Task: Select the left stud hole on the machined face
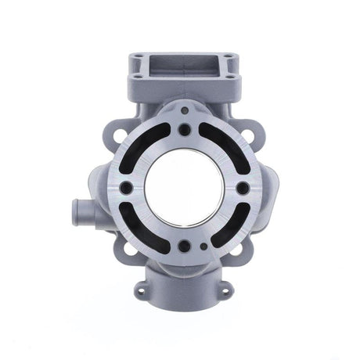click(x=125, y=188)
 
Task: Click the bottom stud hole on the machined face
click(x=182, y=246)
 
